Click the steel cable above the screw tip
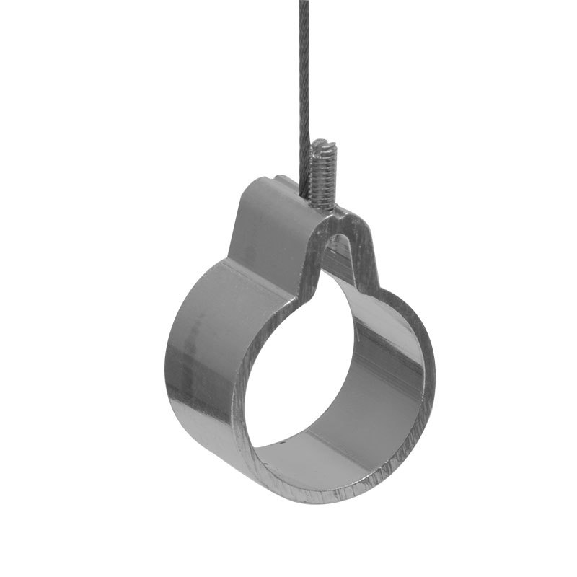303,87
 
